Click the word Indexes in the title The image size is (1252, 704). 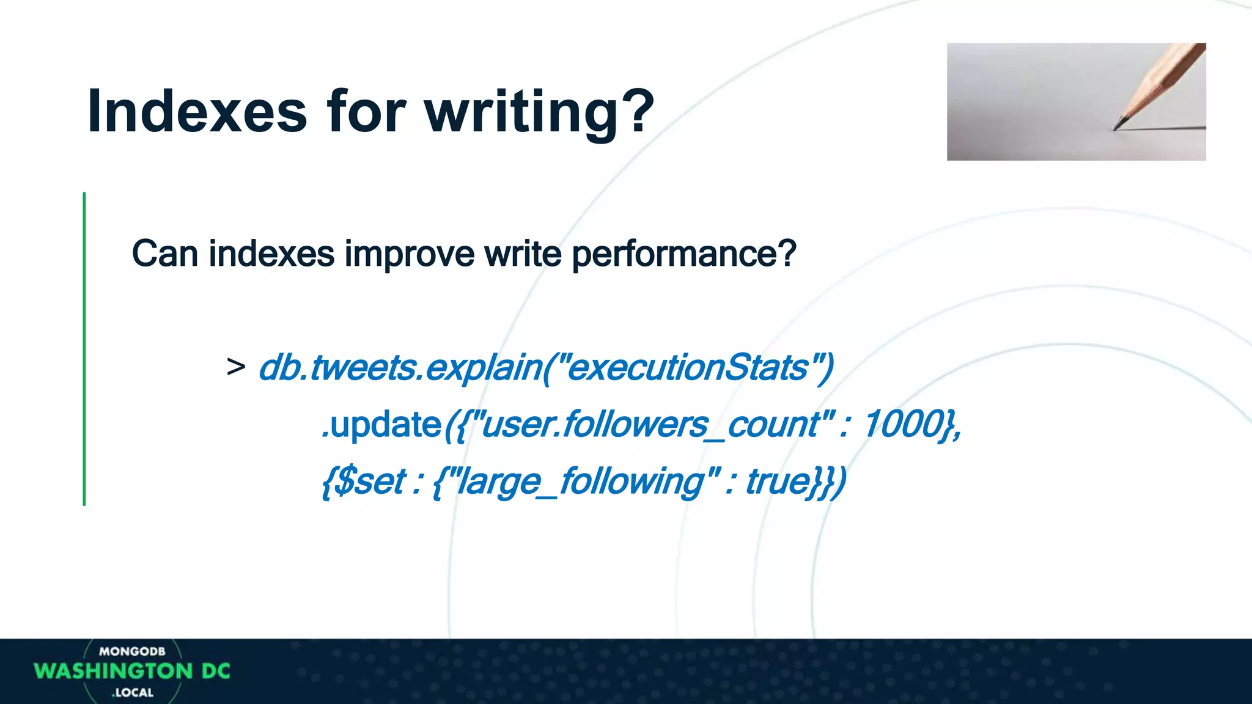click(197, 111)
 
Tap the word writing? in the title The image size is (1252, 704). click(539, 111)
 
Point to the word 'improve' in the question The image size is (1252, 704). click(410, 253)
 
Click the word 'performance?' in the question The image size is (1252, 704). click(683, 253)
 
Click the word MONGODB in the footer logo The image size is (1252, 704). click(132, 651)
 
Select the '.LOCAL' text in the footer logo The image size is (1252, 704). click(133, 693)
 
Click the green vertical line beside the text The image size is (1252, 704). click(84, 348)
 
